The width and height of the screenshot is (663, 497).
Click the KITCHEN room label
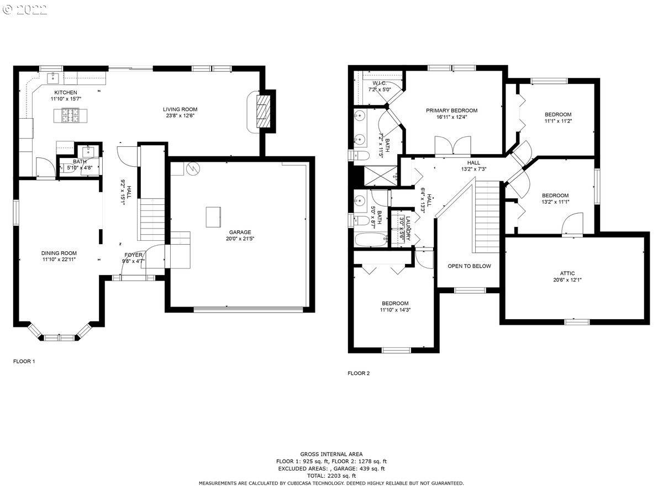(65, 92)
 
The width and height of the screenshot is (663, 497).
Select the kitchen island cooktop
(71, 115)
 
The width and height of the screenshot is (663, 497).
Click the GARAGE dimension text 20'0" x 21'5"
(240, 239)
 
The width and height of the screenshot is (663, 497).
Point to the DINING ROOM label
(59, 253)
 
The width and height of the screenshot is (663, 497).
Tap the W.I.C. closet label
(379, 82)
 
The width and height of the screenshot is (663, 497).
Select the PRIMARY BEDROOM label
(451, 110)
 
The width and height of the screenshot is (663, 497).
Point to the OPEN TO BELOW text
(469, 266)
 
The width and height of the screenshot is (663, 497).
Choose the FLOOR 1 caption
(24, 362)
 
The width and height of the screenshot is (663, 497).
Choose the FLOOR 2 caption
(359, 373)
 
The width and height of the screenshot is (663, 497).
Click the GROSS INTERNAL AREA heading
(331, 454)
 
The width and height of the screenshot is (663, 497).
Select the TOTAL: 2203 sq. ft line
(331, 475)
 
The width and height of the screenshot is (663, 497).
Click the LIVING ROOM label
(180, 109)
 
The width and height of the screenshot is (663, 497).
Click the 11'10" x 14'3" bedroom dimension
(395, 310)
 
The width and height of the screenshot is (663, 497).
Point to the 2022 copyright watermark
(25, 9)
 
